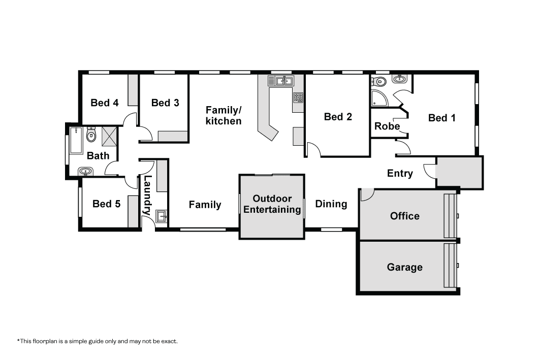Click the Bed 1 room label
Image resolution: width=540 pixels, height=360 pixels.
tap(442, 118)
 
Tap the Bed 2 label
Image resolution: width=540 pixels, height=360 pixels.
tap(338, 117)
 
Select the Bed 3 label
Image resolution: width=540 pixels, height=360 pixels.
tap(165, 103)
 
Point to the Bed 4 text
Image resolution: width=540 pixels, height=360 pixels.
tap(104, 103)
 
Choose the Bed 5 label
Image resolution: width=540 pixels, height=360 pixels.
tap(106, 204)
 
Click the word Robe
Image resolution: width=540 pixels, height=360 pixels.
tap(387, 126)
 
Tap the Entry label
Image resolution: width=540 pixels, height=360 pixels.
tap(400, 173)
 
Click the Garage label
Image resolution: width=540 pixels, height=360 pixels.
tap(405, 268)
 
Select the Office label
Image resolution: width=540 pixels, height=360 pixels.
tap(405, 216)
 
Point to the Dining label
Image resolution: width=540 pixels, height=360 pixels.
tap(331, 204)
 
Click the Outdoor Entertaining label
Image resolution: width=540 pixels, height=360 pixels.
tap(272, 204)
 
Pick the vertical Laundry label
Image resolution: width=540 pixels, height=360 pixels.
tap(147, 195)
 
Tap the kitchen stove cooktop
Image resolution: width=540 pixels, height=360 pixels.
tap(298, 97)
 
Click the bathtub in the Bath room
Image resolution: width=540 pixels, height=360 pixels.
tap(76, 141)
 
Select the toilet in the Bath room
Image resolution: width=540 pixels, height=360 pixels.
tap(91, 134)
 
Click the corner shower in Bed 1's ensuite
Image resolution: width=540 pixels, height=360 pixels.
tap(379, 99)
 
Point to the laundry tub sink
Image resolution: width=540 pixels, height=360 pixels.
tap(161, 217)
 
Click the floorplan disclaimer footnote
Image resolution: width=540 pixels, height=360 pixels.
tap(98, 341)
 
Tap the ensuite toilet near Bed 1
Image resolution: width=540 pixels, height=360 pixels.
tap(378, 82)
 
